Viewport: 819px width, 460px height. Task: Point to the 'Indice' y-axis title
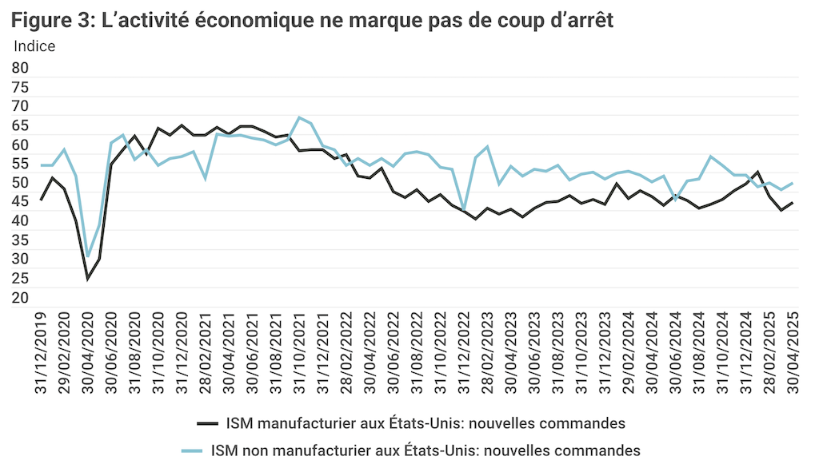tap(34, 46)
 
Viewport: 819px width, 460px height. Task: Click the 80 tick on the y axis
tap(20, 69)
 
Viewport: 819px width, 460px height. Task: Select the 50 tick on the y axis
tap(20, 183)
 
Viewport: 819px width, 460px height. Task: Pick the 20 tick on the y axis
tap(20, 297)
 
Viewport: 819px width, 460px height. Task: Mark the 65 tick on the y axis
tap(20, 125)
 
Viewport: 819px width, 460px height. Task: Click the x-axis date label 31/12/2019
tap(42, 351)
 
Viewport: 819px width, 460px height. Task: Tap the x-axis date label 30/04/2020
tap(88, 351)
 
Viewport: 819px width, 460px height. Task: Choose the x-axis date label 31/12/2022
tap(464, 351)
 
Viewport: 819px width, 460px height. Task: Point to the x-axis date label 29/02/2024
tap(628, 351)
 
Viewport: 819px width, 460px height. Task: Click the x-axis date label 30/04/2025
tap(792, 351)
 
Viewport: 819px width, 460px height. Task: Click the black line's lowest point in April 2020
tap(88, 279)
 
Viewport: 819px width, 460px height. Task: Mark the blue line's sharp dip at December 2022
tap(464, 210)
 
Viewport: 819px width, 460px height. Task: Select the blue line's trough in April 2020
tap(88, 257)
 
